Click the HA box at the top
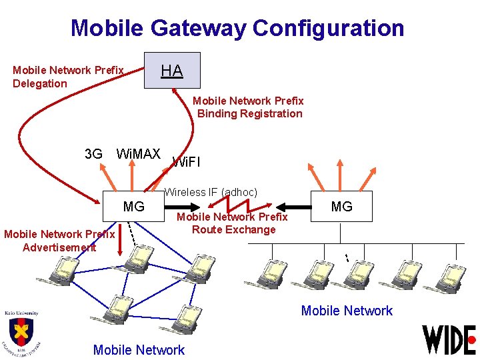[172, 70]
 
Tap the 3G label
[94, 154]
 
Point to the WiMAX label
[138, 154]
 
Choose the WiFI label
[186, 161]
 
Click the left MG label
[134, 207]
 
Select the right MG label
[341, 207]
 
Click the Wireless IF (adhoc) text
[211, 192]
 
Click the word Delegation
[40, 83]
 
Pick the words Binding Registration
[249, 113]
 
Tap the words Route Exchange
[233, 229]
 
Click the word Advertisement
[59, 247]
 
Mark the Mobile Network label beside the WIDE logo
[347, 310]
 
